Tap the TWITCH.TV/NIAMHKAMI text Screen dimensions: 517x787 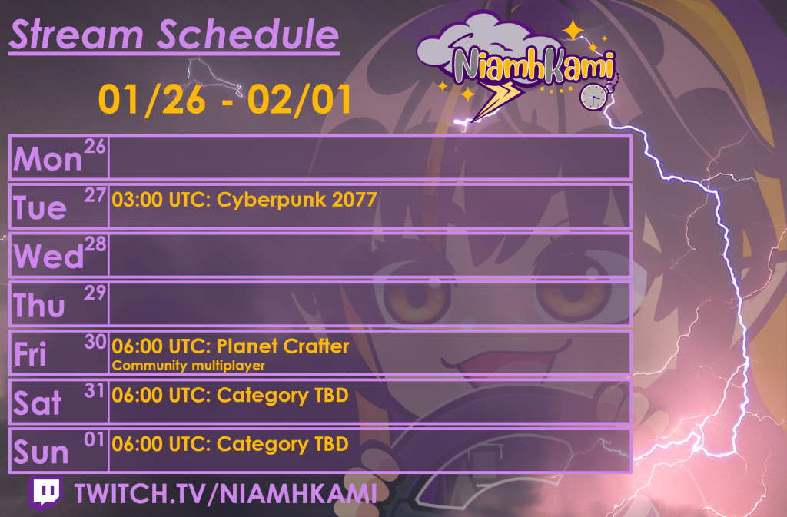click(x=225, y=494)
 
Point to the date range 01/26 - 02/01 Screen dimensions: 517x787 click(x=225, y=99)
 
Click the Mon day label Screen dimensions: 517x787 click(x=48, y=159)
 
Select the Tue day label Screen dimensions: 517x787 click(x=40, y=207)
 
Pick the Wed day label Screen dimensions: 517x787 click(x=48, y=257)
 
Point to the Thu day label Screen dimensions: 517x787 click(x=39, y=306)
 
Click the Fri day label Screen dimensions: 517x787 click(x=31, y=355)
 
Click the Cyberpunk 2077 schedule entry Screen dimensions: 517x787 click(x=244, y=201)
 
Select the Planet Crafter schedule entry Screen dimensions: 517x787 click(x=231, y=346)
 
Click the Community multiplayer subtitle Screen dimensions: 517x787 click(x=188, y=366)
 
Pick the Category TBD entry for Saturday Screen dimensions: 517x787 click(x=231, y=396)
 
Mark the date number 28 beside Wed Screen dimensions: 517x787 click(x=95, y=244)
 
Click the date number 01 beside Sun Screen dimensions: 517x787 click(x=95, y=440)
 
